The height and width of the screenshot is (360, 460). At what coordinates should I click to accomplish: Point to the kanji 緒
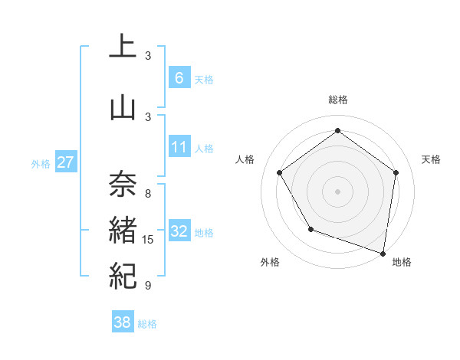pyautogui.click(x=123, y=229)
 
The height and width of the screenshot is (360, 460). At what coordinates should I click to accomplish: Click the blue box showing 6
pyautogui.click(x=179, y=78)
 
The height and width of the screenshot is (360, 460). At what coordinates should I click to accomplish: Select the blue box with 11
pyautogui.click(x=179, y=147)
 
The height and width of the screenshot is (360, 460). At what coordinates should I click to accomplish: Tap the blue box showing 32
pyautogui.click(x=179, y=231)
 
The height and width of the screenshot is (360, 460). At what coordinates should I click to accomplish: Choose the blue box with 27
pyautogui.click(x=65, y=162)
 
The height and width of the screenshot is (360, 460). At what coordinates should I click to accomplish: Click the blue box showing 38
pyautogui.click(x=123, y=322)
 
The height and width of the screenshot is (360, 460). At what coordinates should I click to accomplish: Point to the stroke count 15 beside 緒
pyautogui.click(x=148, y=240)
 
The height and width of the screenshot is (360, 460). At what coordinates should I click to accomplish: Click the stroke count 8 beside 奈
pyautogui.click(x=148, y=193)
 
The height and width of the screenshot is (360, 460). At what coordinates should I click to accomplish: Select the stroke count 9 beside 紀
pyautogui.click(x=148, y=286)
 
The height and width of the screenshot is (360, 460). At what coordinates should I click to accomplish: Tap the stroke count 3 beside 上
pyautogui.click(x=148, y=56)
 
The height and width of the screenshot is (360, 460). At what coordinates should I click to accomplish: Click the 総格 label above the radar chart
pyautogui.click(x=338, y=100)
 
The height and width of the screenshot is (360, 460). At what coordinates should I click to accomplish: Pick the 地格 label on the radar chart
pyautogui.click(x=402, y=262)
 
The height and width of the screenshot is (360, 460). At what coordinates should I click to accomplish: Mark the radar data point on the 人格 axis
pyautogui.click(x=280, y=172)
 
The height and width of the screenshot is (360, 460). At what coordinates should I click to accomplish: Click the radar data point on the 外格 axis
pyautogui.click(x=310, y=229)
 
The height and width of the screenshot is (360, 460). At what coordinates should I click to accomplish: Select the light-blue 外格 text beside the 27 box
pyautogui.click(x=41, y=163)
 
